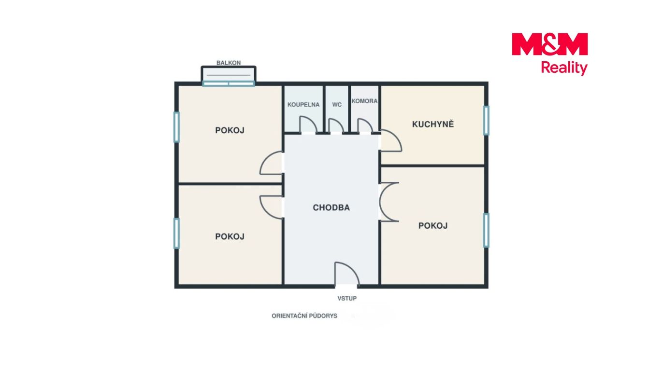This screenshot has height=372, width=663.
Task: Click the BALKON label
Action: pyautogui.click(x=229, y=63)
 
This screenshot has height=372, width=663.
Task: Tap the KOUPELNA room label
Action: pyautogui.click(x=303, y=105)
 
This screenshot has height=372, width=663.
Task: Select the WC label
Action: pyautogui.click(x=337, y=105)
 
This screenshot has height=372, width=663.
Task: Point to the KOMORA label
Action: pyautogui.click(x=364, y=101)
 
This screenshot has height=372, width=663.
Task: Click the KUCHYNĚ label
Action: pyautogui.click(x=432, y=124)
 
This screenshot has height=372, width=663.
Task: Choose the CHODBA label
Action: pyautogui.click(x=331, y=208)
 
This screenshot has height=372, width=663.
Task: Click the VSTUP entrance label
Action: pyautogui.click(x=347, y=299)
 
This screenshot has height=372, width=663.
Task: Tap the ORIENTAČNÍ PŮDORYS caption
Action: pyautogui.click(x=304, y=316)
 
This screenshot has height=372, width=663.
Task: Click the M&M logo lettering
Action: pyautogui.click(x=549, y=44)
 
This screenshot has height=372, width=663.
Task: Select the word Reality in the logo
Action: pyautogui.click(x=564, y=68)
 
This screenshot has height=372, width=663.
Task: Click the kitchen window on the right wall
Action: pyautogui.click(x=486, y=121)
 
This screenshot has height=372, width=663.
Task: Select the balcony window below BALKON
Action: pyautogui.click(x=229, y=84)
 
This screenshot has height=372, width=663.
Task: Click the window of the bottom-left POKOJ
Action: pyautogui.click(x=176, y=233)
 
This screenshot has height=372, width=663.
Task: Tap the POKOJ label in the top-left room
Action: pyautogui.click(x=230, y=130)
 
